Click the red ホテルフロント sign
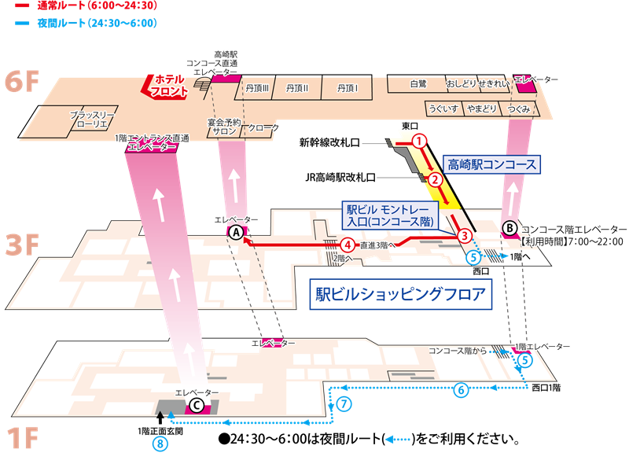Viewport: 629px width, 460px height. click(x=165, y=86)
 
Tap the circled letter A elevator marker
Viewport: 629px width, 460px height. click(x=237, y=232)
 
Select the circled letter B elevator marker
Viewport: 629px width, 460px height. click(x=509, y=229)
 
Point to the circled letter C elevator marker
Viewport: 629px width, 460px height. click(x=197, y=406)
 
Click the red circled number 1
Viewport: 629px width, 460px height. click(x=420, y=142)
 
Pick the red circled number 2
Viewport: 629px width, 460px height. click(x=436, y=179)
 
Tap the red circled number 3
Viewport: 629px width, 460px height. click(x=465, y=235)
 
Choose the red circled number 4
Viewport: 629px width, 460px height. click(x=348, y=245)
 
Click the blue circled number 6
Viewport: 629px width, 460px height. click(x=461, y=389)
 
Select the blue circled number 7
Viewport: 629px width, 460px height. click(x=344, y=403)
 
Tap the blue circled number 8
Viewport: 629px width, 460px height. click(x=160, y=444)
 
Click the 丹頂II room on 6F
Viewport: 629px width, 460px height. click(x=297, y=87)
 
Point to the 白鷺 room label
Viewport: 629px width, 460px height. click(x=418, y=84)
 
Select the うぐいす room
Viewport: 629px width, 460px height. click(x=443, y=109)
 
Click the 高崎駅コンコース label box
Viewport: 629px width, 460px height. click(x=492, y=165)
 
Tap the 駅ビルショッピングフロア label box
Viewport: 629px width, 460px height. click(x=401, y=294)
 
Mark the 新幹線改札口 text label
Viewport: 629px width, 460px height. click(x=329, y=142)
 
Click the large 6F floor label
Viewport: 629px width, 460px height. click(x=22, y=81)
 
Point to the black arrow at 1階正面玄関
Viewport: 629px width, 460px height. click(x=160, y=418)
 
